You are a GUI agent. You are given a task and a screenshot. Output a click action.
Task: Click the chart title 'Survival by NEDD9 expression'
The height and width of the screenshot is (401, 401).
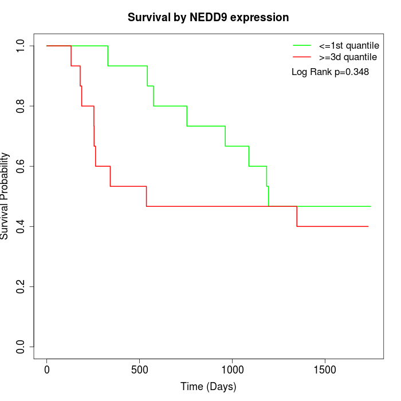[x=208, y=17]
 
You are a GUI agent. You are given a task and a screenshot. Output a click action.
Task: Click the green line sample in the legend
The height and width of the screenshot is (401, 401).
[x=302, y=45]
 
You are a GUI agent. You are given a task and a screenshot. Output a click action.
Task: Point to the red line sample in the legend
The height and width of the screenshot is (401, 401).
[x=302, y=57]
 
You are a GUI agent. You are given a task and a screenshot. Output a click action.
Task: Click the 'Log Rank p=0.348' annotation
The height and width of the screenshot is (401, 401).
[x=330, y=72]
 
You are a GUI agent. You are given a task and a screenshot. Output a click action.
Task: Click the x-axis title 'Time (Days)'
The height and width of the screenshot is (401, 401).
[x=208, y=387]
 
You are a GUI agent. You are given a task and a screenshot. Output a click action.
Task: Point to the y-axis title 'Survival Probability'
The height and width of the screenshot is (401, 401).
[x=6, y=196]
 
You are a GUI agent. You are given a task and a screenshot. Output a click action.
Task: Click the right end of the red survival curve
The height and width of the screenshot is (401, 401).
[x=368, y=226]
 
